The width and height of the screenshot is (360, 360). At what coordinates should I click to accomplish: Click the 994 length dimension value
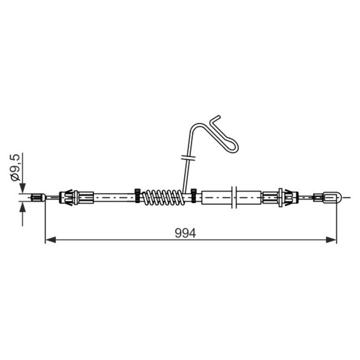pyautogui.click(x=185, y=233)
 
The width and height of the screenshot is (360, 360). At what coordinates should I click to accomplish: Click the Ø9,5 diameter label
pyautogui.click(x=15, y=167)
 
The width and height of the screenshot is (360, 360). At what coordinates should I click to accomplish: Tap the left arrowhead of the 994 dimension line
pyautogui.click(x=50, y=239)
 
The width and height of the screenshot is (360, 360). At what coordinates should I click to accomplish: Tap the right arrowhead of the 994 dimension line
pyautogui.click(x=331, y=239)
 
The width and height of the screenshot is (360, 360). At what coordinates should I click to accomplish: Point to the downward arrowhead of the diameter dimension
pyautogui.click(x=22, y=188)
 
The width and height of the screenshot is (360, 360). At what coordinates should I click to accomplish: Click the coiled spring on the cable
pyautogui.click(x=163, y=197)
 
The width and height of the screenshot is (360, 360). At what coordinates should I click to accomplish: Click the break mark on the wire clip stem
pyautogui.click(x=188, y=157)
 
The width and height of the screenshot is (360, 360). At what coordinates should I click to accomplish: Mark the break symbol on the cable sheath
pyautogui.click(x=234, y=197)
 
